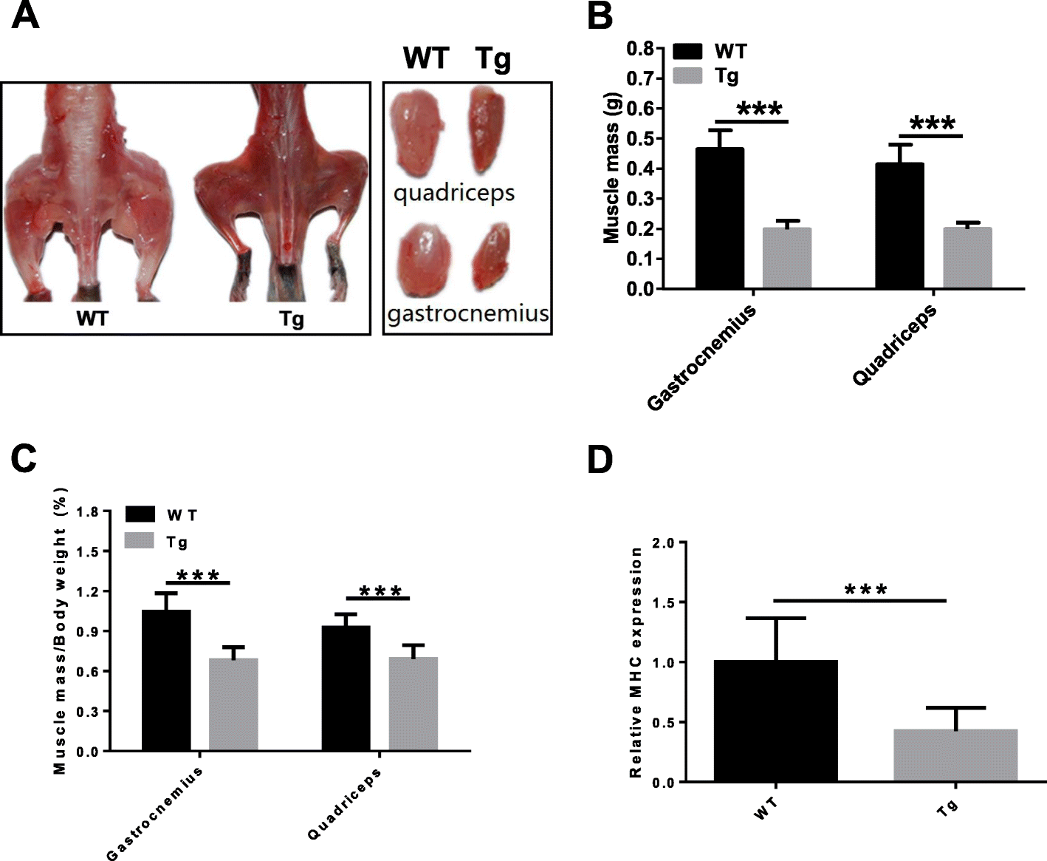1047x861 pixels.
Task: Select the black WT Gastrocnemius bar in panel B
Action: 719,218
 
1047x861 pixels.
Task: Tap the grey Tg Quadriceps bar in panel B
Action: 967,258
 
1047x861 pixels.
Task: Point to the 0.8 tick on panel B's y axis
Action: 640,49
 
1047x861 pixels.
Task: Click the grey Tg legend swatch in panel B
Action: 687,76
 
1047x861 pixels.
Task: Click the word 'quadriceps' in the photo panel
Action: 453,194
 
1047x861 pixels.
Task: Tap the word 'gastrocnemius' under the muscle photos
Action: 468,313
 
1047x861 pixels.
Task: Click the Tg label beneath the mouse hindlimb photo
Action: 291,319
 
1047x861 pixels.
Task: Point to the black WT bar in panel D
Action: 775,721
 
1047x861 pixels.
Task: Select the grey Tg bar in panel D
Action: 955,755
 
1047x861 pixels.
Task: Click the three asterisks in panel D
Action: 865,590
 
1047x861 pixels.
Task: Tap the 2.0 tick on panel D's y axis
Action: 664,543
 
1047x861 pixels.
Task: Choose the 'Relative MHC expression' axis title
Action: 635,662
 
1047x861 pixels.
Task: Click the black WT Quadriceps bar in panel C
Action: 346,688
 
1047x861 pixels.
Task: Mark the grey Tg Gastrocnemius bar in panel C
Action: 233,704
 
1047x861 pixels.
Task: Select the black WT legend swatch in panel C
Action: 140,514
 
